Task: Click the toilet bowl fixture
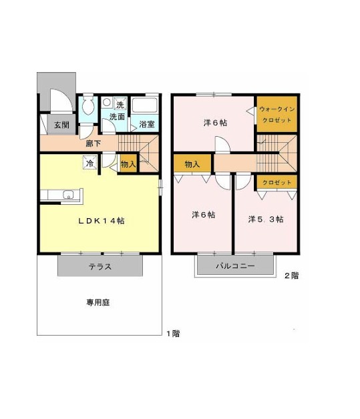[x=88, y=105]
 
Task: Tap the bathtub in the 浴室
[x=145, y=105]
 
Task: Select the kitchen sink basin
[x=69, y=194]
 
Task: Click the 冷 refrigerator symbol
[x=89, y=163]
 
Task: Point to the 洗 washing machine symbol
[x=120, y=103]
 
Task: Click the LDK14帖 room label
[x=102, y=221]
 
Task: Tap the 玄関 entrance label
[x=62, y=125]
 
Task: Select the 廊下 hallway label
[x=93, y=143]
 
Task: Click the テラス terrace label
[x=100, y=267]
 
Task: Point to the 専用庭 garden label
[x=98, y=302]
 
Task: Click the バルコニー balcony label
[x=235, y=266]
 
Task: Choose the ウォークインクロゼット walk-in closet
[x=277, y=114]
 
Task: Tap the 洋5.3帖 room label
[x=266, y=219]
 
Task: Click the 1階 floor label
[x=173, y=334]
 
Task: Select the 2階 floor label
[x=291, y=276]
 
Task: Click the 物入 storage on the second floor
[x=193, y=163]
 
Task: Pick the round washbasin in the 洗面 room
[x=107, y=102]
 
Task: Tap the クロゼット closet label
[x=277, y=183]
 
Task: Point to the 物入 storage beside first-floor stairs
[x=128, y=163]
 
